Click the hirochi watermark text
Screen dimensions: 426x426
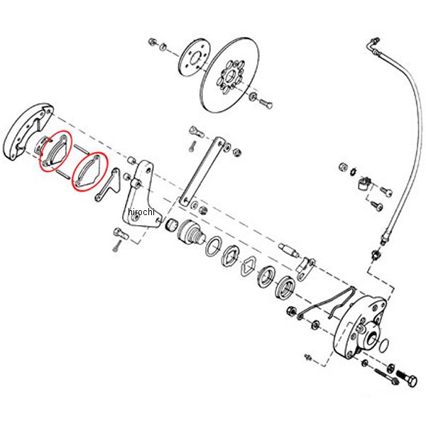141,212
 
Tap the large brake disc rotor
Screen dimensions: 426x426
230,75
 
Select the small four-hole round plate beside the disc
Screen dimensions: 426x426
195,58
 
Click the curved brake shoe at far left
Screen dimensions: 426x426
28,131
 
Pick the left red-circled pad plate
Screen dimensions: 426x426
55,151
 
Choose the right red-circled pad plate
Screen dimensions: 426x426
89,172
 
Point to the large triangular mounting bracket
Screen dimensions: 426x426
142,194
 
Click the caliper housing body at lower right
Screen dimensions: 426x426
360,327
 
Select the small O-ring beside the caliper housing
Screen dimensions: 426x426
383,344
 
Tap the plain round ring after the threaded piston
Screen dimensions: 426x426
213,246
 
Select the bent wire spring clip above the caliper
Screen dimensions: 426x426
327,302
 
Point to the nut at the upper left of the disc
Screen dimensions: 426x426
152,42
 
